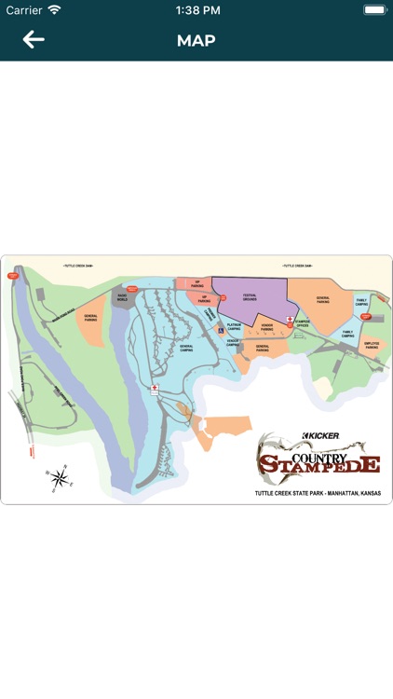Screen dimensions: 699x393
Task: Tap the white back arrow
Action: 34,40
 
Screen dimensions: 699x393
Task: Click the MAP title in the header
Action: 196,41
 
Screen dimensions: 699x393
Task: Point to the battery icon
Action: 374,10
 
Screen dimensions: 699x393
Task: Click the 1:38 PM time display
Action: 196,10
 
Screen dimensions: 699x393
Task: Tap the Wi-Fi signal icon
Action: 54,10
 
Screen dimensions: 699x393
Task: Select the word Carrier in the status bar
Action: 24,10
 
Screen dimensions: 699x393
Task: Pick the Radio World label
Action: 122,298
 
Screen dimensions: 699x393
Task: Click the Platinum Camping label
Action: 234,328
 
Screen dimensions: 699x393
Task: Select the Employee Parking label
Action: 372,345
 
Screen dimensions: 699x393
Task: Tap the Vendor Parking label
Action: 266,328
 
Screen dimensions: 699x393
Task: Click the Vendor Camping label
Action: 234,343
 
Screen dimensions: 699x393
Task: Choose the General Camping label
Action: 185,347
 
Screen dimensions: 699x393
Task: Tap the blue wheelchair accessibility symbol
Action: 221,329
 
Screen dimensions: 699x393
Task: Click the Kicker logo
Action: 320,435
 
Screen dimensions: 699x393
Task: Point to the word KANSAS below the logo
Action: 371,492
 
